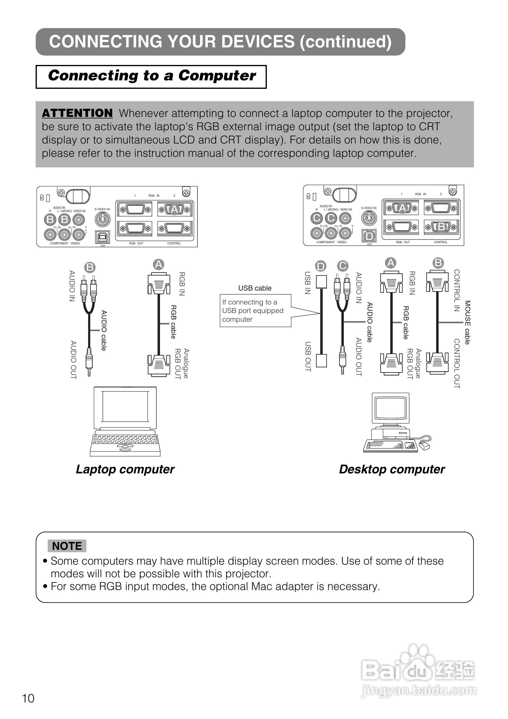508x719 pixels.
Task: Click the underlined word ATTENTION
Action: point(77,113)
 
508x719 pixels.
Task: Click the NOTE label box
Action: point(67,546)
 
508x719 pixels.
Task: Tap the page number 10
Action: point(28,698)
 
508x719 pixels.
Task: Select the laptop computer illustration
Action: point(125,421)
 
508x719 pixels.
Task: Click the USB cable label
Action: point(255,288)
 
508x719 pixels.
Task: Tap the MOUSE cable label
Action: point(467,322)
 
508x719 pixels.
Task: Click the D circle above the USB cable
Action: point(321,266)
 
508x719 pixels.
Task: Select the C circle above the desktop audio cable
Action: point(343,266)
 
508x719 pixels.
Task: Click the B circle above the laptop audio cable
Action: point(90,267)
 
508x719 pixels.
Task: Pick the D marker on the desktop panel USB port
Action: point(369,236)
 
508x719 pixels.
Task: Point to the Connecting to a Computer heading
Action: point(152,76)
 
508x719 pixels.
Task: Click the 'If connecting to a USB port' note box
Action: point(255,311)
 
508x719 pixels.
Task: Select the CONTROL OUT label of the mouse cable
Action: point(457,363)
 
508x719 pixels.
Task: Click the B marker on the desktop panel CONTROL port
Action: point(441,226)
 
